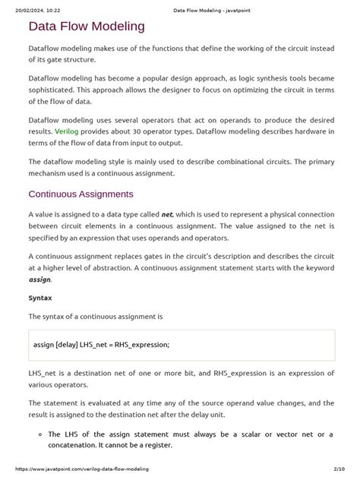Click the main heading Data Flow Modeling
pyautogui.click(x=86, y=27)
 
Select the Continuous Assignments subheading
pyautogui.click(x=81, y=194)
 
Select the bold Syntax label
pyautogui.click(x=40, y=298)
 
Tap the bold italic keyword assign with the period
pyautogui.click(x=40, y=279)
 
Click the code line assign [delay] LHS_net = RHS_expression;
pyautogui.click(x=101, y=344)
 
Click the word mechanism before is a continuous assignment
pyautogui.click(x=53, y=173)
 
